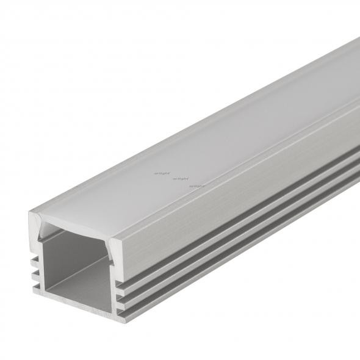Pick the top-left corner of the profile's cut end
coord(31,214)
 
